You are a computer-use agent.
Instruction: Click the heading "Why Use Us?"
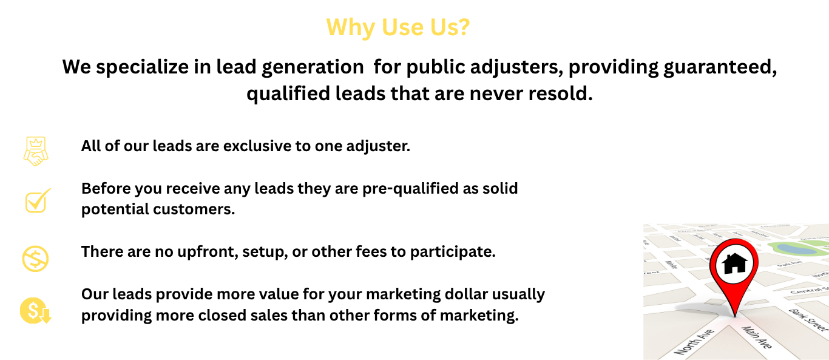click(x=398, y=27)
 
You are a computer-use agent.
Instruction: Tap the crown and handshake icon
click(x=36, y=151)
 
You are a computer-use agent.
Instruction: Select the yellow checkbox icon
click(x=38, y=201)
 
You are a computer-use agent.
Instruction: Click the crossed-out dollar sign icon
click(x=36, y=259)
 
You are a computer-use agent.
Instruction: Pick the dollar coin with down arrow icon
click(x=36, y=311)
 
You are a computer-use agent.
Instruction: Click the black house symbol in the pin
click(x=734, y=263)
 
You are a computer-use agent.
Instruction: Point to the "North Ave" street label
click(x=694, y=341)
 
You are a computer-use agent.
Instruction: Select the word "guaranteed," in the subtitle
click(x=720, y=67)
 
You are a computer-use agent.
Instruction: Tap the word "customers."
click(x=194, y=209)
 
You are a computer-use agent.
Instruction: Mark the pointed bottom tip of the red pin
click(x=735, y=317)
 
